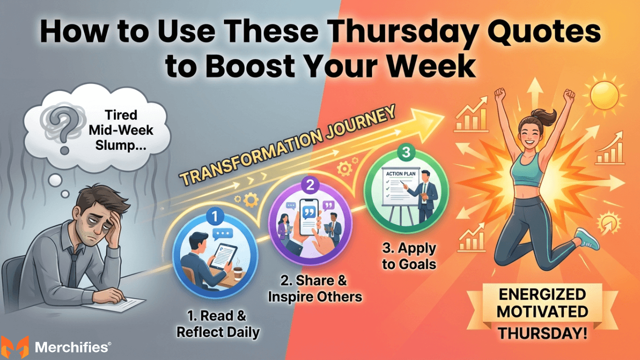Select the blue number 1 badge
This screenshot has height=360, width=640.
tap(212, 216)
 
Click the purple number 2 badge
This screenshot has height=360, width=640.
tap(309, 186)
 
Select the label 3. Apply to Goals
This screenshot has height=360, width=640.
tap(408, 255)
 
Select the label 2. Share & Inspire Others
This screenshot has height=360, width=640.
tap(314, 288)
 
